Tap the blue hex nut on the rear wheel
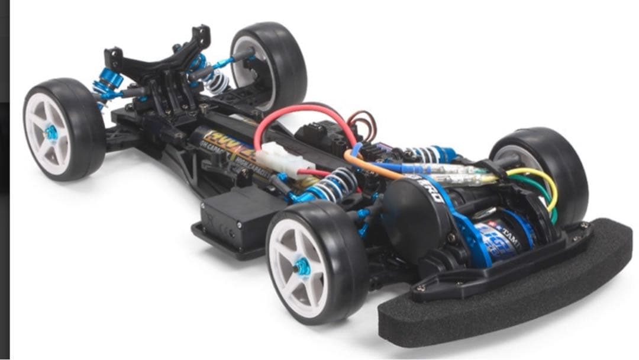(x=51, y=133)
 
